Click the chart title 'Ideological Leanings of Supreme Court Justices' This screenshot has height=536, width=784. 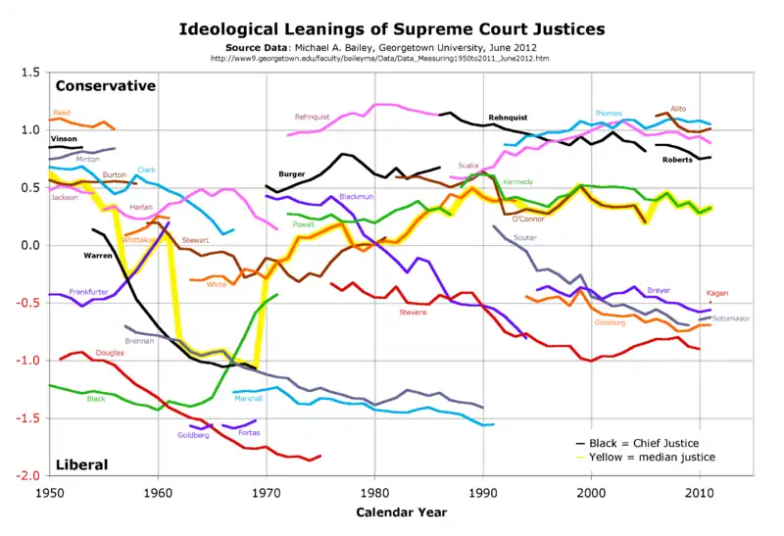pyautogui.click(x=391, y=28)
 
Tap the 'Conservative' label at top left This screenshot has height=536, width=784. pyautogui.click(x=105, y=85)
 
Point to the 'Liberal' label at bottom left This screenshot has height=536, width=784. pyautogui.click(x=81, y=463)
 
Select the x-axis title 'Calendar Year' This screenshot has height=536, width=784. pyautogui.click(x=401, y=512)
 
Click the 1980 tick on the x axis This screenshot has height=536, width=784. pyautogui.click(x=373, y=492)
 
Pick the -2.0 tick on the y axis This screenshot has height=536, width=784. pyautogui.click(x=28, y=476)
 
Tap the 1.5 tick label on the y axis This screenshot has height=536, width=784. pyautogui.click(x=30, y=73)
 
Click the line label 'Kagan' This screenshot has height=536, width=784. pyautogui.click(x=716, y=293)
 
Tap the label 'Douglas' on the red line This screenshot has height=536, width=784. pyautogui.click(x=110, y=352)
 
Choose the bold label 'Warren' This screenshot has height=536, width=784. pyautogui.click(x=98, y=255)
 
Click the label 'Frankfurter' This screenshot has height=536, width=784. pyautogui.click(x=88, y=292)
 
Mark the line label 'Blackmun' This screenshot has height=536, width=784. pyautogui.click(x=356, y=197)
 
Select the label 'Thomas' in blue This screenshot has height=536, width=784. pyautogui.click(x=608, y=113)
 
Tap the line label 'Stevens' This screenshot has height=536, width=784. pyautogui.click(x=413, y=313)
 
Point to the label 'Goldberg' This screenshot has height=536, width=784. pyautogui.click(x=193, y=435)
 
